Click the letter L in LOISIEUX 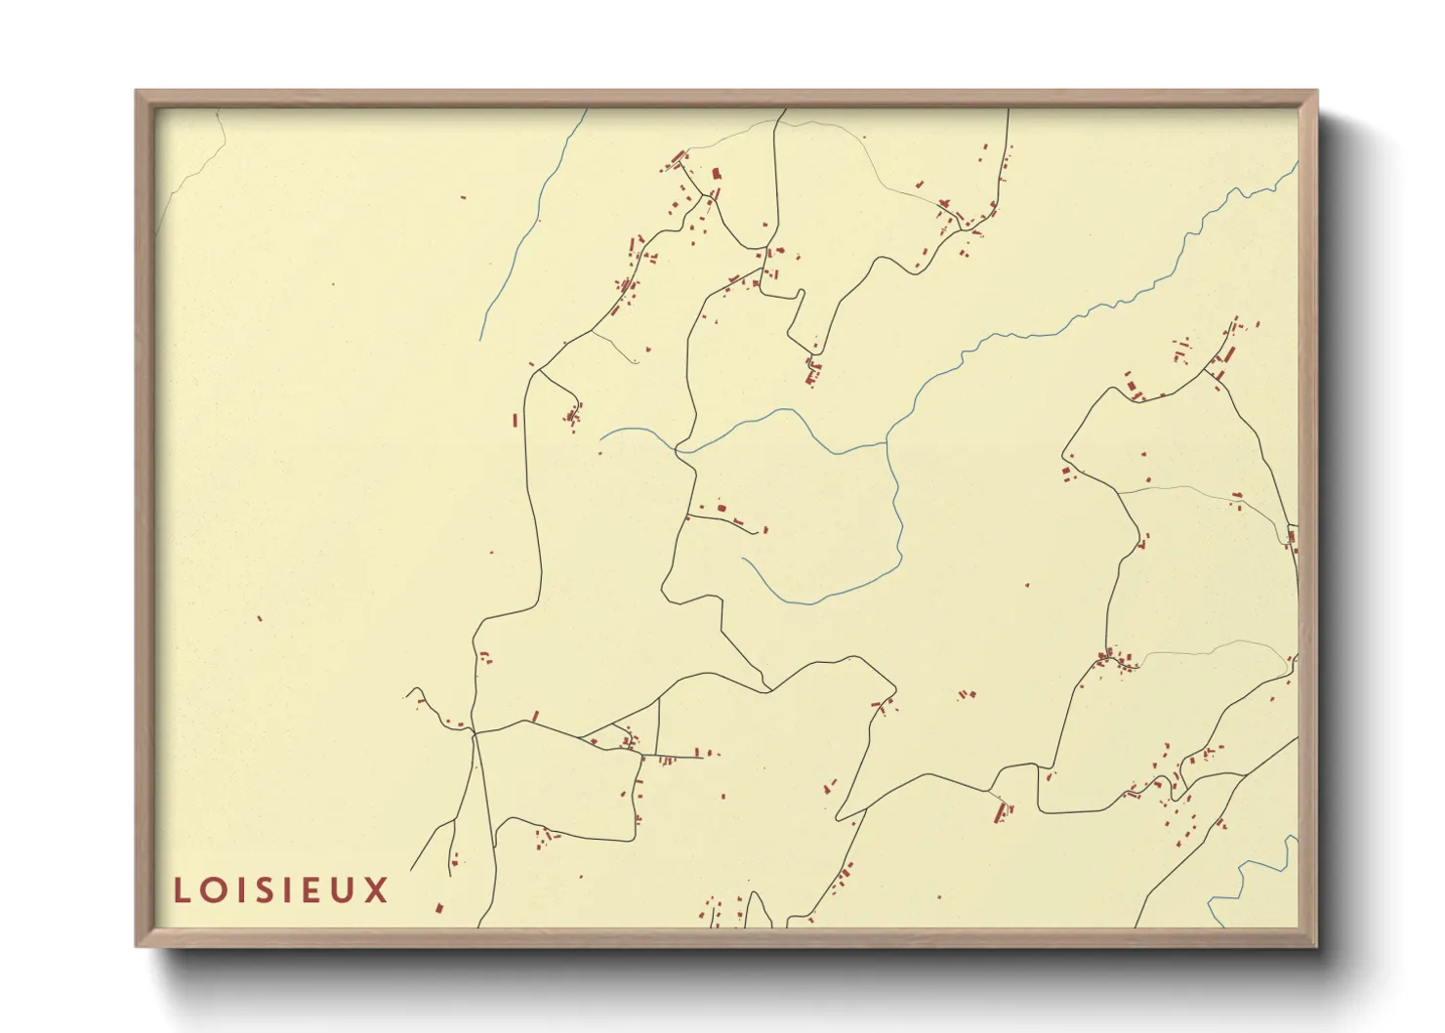pyautogui.click(x=182, y=890)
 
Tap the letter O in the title pyautogui.click(x=212, y=890)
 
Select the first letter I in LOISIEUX pyautogui.click(x=238, y=890)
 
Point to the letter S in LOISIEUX pyautogui.click(x=262, y=890)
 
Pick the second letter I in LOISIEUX pyautogui.click(x=285, y=890)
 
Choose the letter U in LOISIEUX pyautogui.click(x=341, y=890)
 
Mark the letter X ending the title pyautogui.click(x=376, y=890)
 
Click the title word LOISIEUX pyautogui.click(x=280, y=890)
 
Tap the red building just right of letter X pyautogui.click(x=439, y=908)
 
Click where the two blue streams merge pyautogui.click(x=887, y=442)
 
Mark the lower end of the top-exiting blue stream pyautogui.click(x=481, y=339)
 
